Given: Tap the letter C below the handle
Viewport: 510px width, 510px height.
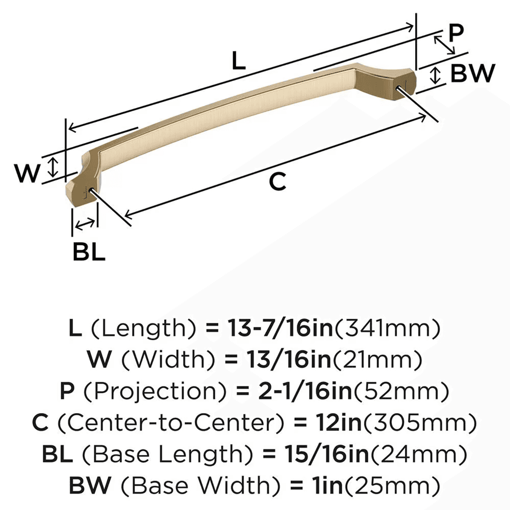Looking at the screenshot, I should pos(277,182).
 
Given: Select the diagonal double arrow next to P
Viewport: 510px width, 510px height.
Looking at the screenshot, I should pos(444,45).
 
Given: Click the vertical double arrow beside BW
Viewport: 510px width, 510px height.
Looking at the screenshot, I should pos(435,75).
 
